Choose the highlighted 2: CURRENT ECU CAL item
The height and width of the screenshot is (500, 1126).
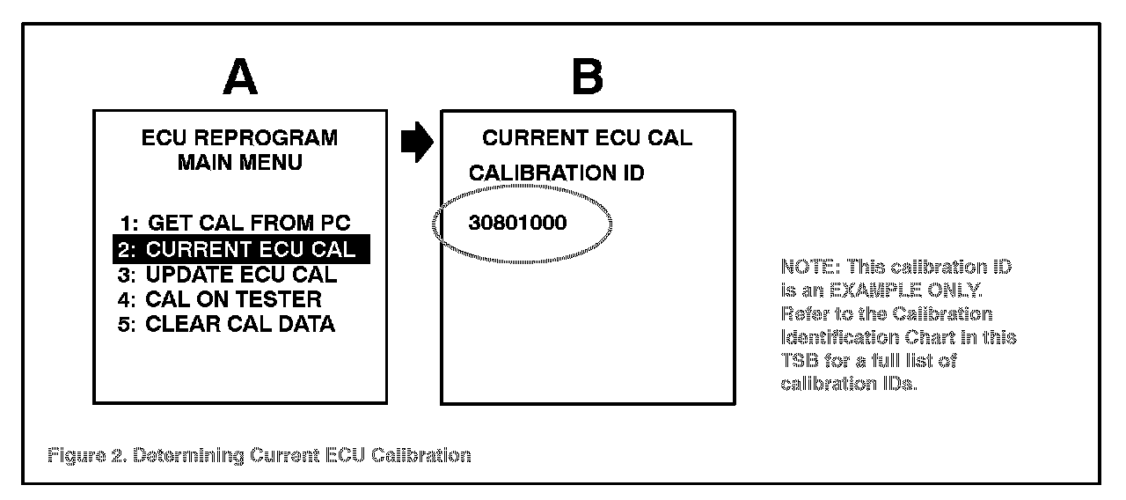pos(240,249)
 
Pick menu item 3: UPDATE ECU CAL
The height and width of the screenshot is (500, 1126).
pos(227,274)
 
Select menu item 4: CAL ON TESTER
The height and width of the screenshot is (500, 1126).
pos(220,299)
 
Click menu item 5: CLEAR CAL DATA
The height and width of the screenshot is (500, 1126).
pos(226,324)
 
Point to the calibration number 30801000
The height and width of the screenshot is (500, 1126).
pos(517,224)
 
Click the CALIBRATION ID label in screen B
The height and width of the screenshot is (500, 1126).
pos(556,173)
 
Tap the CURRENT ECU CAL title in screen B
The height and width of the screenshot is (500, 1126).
pos(587,138)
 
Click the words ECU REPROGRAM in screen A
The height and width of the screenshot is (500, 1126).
pos(239,138)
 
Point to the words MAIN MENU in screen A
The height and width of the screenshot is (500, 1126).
pos(239,163)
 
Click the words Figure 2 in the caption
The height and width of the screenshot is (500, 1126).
pos(84,455)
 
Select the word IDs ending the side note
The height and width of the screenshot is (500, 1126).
pos(899,384)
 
